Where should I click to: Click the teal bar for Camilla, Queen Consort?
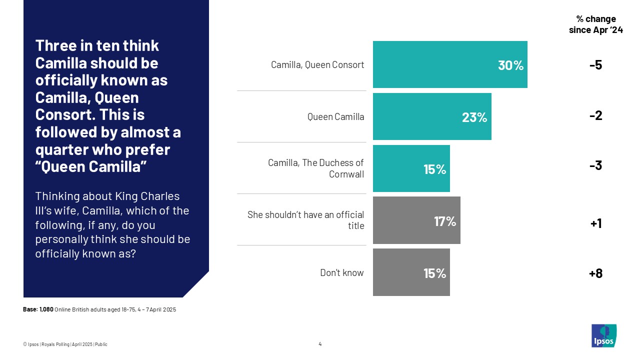coord(450,65)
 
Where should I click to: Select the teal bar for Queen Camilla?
coord(432,116)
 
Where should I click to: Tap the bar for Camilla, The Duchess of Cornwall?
coord(411,168)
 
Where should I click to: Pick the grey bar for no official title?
coord(416,220)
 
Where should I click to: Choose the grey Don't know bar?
coord(411,272)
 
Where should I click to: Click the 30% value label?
coord(510,65)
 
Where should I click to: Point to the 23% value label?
coord(474,117)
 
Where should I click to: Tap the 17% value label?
coord(444,221)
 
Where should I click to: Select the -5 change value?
coord(595,65)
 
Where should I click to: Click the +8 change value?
coord(595,273)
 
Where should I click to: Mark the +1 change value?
coord(595,223)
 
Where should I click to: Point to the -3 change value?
coord(595,166)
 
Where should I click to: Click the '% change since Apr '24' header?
coord(595,24)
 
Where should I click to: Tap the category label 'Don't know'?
coord(342,273)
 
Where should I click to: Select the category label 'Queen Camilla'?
coord(335,117)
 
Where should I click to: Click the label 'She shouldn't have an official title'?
coord(305,220)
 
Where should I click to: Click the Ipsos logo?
coord(604,335)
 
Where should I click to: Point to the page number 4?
coord(320,344)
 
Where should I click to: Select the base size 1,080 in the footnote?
coord(46,309)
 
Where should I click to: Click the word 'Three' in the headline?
coord(53,46)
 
